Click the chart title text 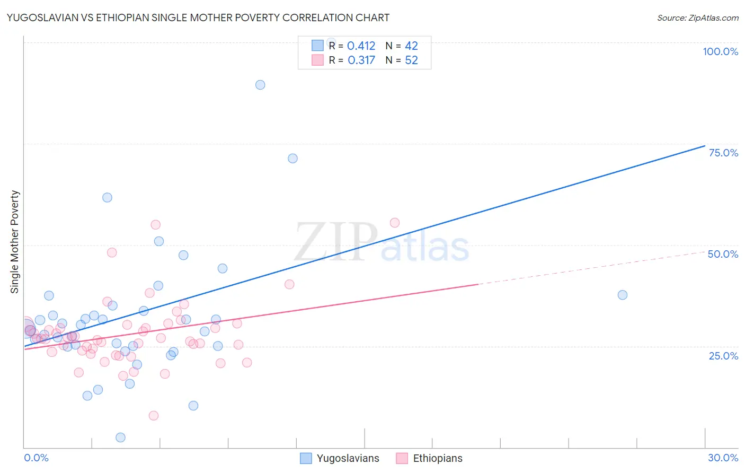(x=198, y=17)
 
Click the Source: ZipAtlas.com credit (x=697, y=17)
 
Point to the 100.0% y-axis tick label (x=720, y=51)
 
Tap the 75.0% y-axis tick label (x=723, y=153)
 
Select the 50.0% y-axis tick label (x=723, y=254)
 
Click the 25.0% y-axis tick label (x=723, y=356)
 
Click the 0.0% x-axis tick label (x=36, y=458)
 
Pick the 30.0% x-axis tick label (x=723, y=458)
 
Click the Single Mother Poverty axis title (x=15, y=242)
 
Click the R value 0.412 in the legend (x=361, y=46)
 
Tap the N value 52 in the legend (x=411, y=60)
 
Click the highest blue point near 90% (x=260, y=85)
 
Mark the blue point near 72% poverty (x=292, y=159)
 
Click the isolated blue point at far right (x=623, y=295)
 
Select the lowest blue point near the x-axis (x=120, y=437)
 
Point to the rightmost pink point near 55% (x=395, y=223)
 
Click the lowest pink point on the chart (x=154, y=416)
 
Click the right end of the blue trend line (x=705, y=146)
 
